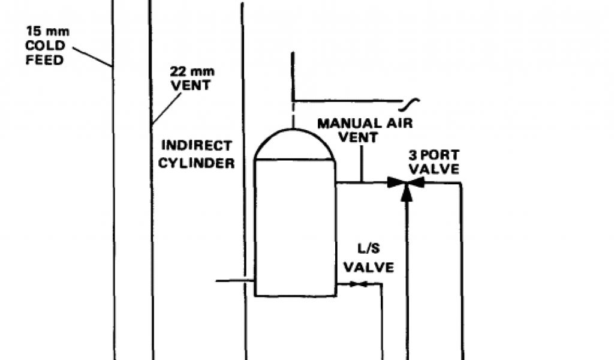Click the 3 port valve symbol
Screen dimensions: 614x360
tap(407, 182)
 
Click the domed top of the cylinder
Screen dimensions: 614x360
tap(293, 145)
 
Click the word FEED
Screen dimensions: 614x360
tap(45, 60)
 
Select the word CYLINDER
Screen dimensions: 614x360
tap(197, 163)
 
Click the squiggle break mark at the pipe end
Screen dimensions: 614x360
tap(413, 103)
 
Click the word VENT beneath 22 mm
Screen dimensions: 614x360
tap(191, 85)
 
